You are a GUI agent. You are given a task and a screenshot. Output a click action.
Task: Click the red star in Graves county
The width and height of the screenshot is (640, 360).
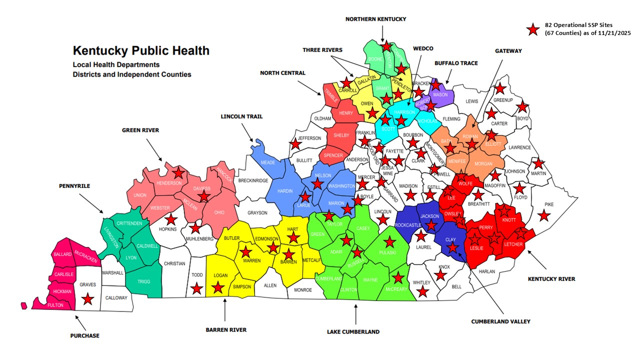(88, 298)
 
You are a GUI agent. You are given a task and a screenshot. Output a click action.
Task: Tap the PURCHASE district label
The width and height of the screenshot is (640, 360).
(84, 335)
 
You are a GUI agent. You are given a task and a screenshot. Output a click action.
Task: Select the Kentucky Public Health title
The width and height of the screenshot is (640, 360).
(141, 51)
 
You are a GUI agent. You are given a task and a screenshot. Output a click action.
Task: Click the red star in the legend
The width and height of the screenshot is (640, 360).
(533, 29)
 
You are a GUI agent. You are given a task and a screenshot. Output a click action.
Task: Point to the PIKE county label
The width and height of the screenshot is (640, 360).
(548, 204)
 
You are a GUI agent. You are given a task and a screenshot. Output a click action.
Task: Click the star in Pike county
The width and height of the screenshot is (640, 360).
(544, 215)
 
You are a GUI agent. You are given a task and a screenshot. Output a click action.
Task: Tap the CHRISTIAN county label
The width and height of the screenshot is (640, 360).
(174, 263)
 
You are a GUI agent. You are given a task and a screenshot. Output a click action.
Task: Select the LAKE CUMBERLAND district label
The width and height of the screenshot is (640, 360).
(353, 331)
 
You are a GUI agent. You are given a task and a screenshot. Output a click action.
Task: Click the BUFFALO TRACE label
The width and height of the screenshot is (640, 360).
(455, 63)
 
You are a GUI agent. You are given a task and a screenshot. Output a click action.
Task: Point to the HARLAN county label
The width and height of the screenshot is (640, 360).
(486, 271)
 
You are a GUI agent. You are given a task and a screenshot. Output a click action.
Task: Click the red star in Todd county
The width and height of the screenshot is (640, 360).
(197, 288)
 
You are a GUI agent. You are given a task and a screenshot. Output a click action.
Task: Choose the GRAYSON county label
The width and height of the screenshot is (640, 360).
(257, 212)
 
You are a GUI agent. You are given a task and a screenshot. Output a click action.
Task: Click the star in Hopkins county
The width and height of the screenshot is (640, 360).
(171, 219)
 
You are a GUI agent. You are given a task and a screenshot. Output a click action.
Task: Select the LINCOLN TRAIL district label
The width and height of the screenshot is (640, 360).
(241, 116)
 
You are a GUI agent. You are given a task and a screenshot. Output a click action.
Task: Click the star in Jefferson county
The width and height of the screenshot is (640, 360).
(295, 144)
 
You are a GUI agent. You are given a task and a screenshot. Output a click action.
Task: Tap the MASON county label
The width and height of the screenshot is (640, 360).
(440, 94)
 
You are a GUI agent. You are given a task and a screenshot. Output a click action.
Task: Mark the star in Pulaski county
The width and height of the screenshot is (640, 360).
(390, 242)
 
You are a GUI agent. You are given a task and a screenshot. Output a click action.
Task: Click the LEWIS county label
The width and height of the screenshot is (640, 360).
(471, 101)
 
